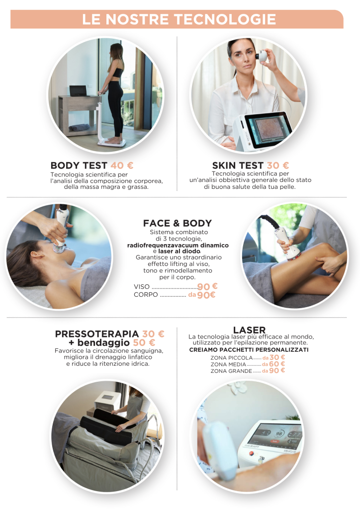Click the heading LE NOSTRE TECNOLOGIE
179,19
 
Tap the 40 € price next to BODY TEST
122,166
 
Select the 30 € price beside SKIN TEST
277,166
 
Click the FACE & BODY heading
177,223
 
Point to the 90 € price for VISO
207,287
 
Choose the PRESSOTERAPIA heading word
97,334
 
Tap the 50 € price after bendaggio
144,342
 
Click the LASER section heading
249,330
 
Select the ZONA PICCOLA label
231,358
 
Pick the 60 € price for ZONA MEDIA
277,364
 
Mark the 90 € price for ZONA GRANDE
277,370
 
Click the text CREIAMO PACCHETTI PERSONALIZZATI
249,350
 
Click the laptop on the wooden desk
78,90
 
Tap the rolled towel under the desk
79,127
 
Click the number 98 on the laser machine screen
279,433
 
